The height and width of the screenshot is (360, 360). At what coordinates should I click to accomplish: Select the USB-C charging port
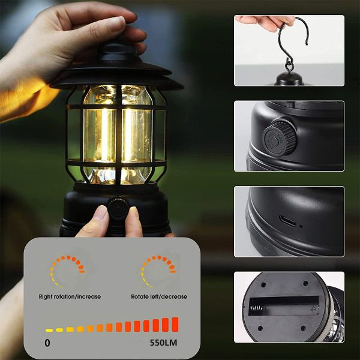(x=287, y=221)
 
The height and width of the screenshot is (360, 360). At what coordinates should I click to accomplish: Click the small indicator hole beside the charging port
(x=301, y=226)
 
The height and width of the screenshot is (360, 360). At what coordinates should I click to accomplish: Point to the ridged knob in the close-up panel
(x=278, y=138)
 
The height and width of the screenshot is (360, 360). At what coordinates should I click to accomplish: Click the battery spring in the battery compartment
(x=256, y=308)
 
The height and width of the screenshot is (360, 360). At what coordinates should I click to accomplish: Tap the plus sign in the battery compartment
(x=314, y=309)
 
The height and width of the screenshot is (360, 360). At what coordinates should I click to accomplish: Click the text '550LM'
(x=163, y=343)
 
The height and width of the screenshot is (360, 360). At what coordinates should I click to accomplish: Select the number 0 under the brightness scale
(x=47, y=343)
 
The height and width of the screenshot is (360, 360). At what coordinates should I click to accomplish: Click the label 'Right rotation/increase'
(x=70, y=296)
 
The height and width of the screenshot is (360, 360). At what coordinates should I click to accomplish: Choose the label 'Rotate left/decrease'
(x=159, y=296)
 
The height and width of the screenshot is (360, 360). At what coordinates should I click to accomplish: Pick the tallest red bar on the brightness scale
(x=175, y=325)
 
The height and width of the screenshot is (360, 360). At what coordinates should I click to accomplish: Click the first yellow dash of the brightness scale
(x=49, y=331)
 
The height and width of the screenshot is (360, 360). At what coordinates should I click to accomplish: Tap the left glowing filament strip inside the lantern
(x=104, y=136)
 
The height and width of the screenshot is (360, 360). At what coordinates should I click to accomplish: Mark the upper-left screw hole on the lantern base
(x=263, y=285)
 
